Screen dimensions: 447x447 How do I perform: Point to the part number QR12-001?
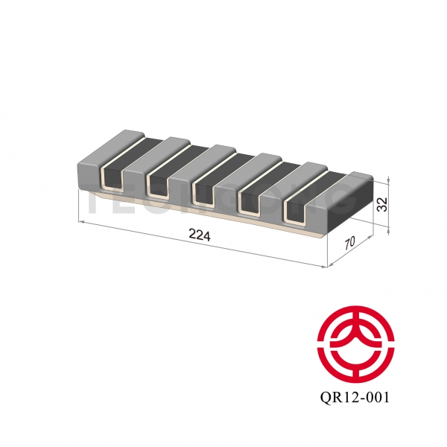point(353,398)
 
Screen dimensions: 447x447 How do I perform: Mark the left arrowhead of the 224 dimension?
point(80,222)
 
